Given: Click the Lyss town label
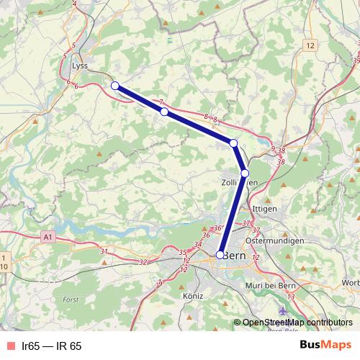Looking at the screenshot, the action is click(x=79, y=65).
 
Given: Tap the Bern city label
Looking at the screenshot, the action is click(x=235, y=256).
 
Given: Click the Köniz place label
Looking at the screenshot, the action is click(x=194, y=296).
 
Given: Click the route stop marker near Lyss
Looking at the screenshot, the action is click(x=114, y=86).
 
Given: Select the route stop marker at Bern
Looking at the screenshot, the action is click(x=220, y=254).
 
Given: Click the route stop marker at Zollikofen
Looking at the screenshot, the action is click(x=245, y=173).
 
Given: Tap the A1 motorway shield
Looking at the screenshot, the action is click(x=48, y=235).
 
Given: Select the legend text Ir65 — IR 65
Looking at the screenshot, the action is click(x=52, y=346).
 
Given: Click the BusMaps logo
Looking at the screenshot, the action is click(x=325, y=346).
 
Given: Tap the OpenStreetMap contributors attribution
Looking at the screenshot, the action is click(x=297, y=323).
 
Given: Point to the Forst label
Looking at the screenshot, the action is click(x=71, y=299).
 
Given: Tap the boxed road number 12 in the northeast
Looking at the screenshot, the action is click(x=310, y=45).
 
